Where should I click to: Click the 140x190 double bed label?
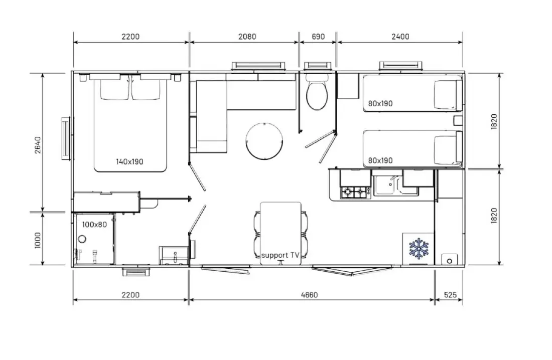coord(129,162)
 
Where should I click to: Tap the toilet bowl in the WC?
coord(317,96)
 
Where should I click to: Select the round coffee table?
coord(264,141)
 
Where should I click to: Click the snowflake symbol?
coord(419,249)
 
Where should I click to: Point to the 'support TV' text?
coord(280,255)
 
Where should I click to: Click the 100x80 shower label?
coord(94,225)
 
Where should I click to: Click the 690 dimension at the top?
coord(318,37)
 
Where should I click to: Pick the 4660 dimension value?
coord(310,295)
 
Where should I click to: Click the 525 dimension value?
coord(450,295)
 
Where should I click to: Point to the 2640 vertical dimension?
coord(38,145)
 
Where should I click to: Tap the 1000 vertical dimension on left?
coord(38,240)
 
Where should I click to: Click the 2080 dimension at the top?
coord(247,37)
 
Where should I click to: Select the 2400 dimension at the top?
coord(400,37)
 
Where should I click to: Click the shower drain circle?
coord(82,239)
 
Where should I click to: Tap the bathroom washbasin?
coord(174,256)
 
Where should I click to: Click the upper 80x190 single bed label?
coord(380,103)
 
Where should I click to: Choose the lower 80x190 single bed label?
coord(380,160)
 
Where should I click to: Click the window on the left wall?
coord(67,138)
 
